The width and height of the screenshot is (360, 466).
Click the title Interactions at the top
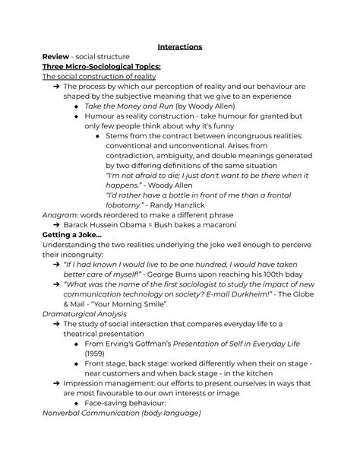[180, 46]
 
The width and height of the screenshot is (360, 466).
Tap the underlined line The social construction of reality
[99, 77]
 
